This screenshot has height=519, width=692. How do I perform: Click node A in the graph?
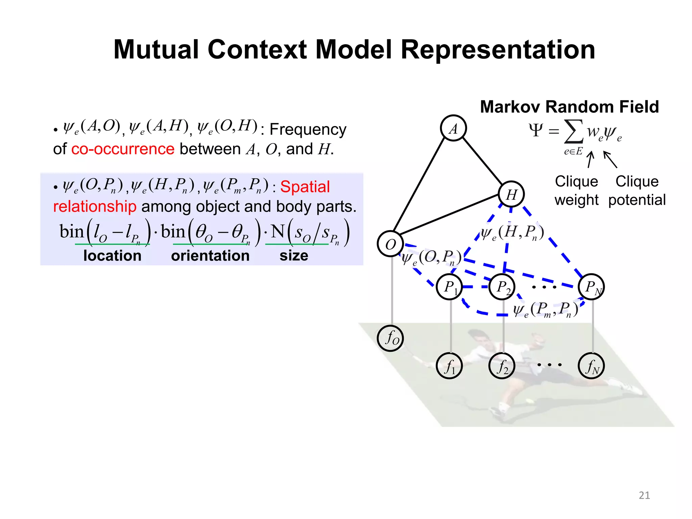click(453, 128)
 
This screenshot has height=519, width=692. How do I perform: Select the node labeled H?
click(511, 194)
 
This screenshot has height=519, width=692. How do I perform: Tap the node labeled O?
click(390, 244)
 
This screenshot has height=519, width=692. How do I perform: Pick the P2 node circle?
click(502, 287)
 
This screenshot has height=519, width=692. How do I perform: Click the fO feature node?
click(391, 338)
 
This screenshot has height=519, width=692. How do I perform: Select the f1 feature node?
click(449, 366)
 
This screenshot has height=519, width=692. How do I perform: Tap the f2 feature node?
click(502, 366)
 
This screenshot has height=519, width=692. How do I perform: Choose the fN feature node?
click(591, 366)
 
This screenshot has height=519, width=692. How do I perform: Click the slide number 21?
click(644, 495)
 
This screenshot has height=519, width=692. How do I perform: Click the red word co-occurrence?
click(123, 149)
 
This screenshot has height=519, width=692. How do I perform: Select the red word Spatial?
click(305, 187)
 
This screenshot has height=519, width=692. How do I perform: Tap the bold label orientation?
click(210, 256)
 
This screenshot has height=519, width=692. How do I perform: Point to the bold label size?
click(294, 256)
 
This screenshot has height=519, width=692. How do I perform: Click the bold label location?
click(112, 256)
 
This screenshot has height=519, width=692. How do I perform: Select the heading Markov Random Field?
click(569, 107)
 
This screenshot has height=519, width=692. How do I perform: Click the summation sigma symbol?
click(574, 132)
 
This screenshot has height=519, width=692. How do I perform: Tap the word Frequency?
click(308, 129)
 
